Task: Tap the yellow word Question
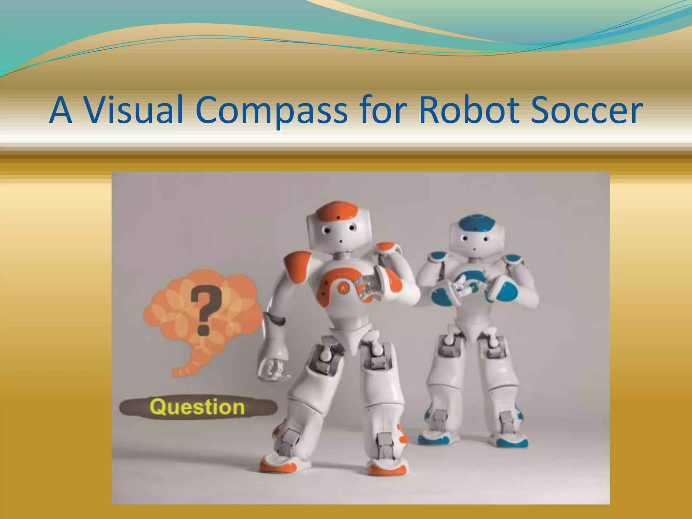pyautogui.click(x=197, y=407)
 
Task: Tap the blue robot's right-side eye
pyautogui.click(x=486, y=239)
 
